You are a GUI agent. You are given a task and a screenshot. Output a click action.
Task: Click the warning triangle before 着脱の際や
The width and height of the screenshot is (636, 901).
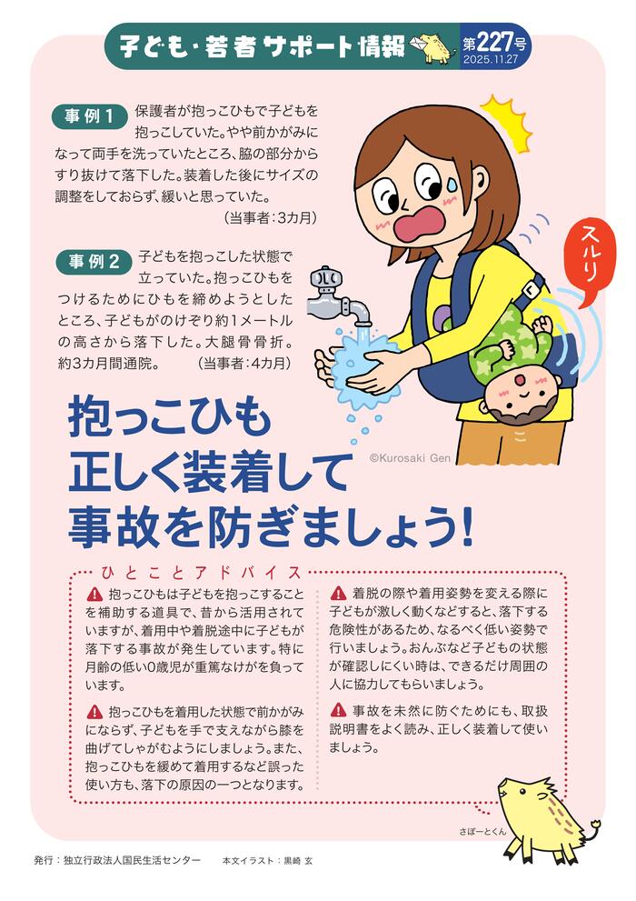337,592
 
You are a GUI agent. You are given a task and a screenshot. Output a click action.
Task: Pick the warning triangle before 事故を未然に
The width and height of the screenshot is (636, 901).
337,709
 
